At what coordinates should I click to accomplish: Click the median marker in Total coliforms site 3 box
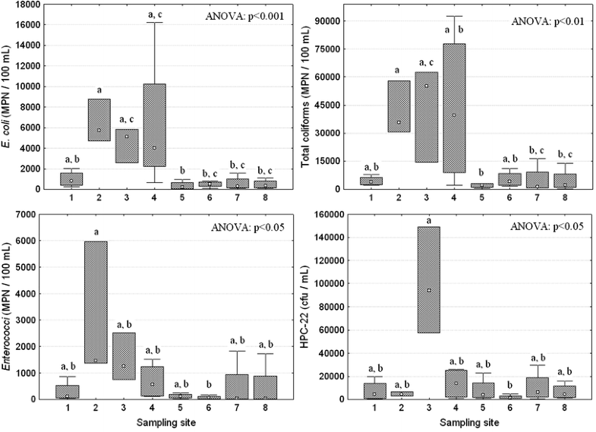pos(426,86)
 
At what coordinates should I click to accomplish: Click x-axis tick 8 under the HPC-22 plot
pos(564,408)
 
